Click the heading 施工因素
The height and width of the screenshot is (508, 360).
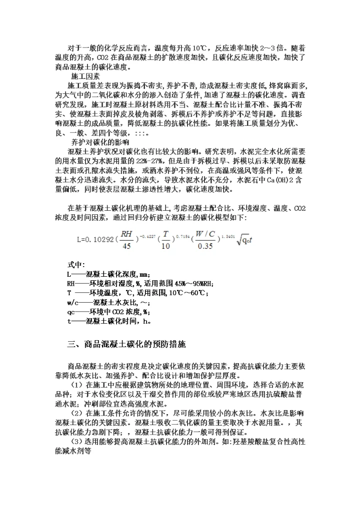click(x=83, y=76)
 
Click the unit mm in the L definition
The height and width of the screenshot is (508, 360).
click(x=144, y=274)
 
